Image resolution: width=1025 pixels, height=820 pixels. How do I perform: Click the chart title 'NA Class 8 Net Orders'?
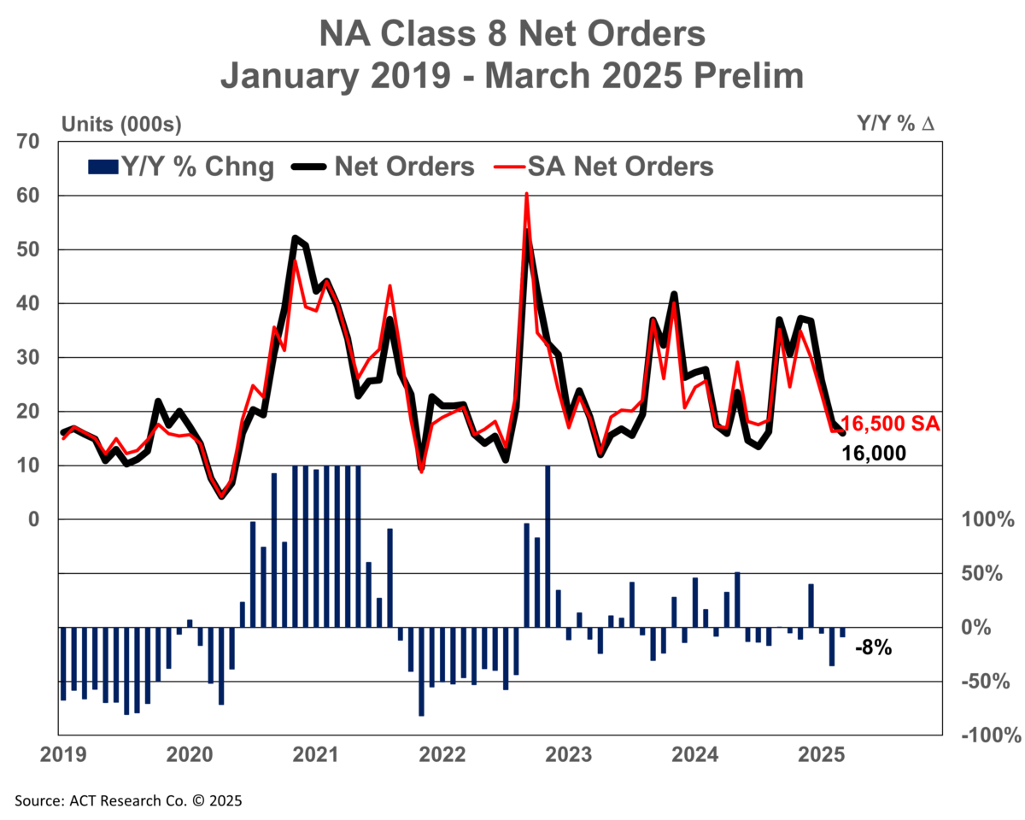pyautogui.click(x=512, y=33)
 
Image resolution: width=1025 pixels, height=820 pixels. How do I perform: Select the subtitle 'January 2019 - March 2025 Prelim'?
pyautogui.click(x=512, y=76)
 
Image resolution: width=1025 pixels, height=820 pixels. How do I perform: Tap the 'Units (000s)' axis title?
pyautogui.click(x=121, y=125)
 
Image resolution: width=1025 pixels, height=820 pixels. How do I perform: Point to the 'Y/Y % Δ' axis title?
pyautogui.click(x=895, y=123)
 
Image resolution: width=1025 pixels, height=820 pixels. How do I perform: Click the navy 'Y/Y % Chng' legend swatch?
pyautogui.click(x=102, y=167)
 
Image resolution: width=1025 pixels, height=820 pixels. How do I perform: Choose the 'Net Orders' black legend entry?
pyautogui.click(x=383, y=167)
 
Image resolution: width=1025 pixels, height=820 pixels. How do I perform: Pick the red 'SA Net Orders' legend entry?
pyautogui.click(x=604, y=167)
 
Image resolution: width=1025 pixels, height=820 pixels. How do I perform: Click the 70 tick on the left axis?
pyautogui.click(x=28, y=142)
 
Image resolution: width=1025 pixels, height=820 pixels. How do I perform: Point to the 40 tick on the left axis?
pyautogui.click(x=28, y=303)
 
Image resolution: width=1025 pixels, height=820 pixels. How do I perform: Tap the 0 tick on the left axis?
pyautogui.click(x=34, y=519)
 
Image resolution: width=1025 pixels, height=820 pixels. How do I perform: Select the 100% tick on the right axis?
pyautogui.click(x=987, y=519)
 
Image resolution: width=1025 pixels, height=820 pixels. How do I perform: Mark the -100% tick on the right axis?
pyautogui.click(x=991, y=735)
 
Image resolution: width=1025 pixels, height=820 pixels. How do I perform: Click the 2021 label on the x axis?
pyautogui.click(x=315, y=755)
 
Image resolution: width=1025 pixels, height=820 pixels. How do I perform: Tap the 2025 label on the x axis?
pyautogui.click(x=821, y=755)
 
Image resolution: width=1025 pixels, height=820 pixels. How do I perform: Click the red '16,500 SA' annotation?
pyautogui.click(x=890, y=424)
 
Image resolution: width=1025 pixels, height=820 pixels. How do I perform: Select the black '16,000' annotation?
pyautogui.click(x=874, y=453)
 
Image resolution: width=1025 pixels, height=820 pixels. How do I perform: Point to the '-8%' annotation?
pyautogui.click(x=874, y=648)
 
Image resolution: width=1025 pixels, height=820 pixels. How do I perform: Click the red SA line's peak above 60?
pyautogui.click(x=526, y=193)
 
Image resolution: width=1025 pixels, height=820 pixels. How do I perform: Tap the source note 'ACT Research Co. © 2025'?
pyautogui.click(x=155, y=800)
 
